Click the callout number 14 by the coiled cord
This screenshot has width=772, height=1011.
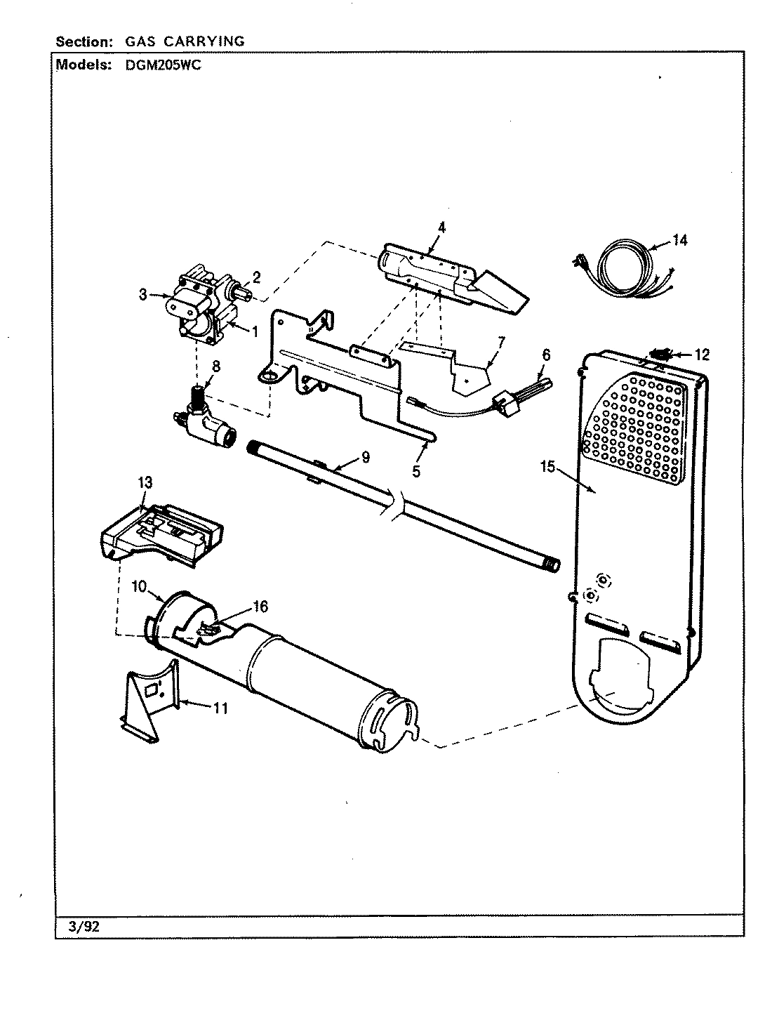pyautogui.click(x=679, y=241)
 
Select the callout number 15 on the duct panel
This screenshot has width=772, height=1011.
pyautogui.click(x=548, y=465)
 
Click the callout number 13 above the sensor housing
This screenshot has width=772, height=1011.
pyautogui.click(x=145, y=482)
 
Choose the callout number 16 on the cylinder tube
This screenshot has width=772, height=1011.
pyautogui.click(x=260, y=607)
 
